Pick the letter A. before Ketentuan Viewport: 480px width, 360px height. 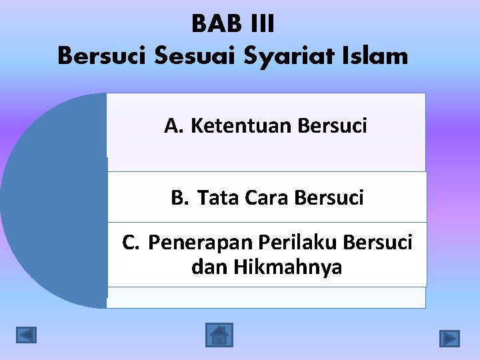point(175,125)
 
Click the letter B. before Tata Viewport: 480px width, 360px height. point(180,198)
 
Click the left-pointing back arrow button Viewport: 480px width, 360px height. point(27,335)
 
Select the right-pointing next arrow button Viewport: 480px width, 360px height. point(449,339)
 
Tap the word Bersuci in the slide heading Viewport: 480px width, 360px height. point(103,56)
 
